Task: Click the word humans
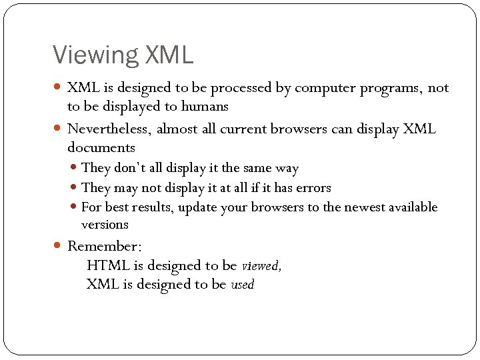205,106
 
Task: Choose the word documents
101,147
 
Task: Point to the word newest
364,207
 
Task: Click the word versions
105,225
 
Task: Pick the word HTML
109,265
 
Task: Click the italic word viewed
261,266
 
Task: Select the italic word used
243,285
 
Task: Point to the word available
413,207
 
